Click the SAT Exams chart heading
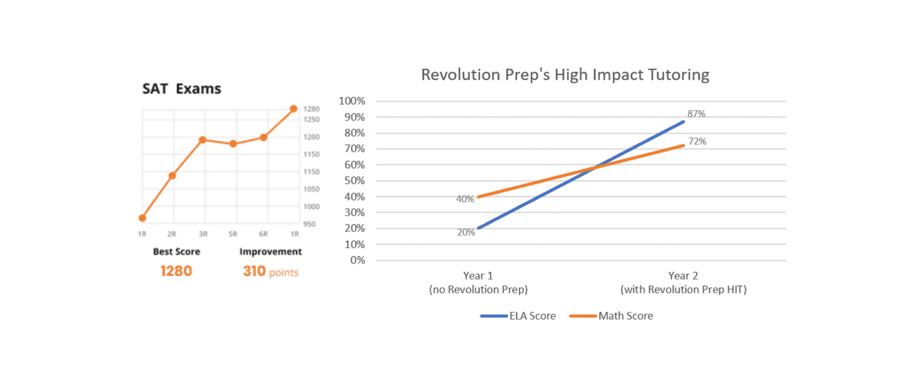click(x=181, y=89)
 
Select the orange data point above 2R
click(x=172, y=176)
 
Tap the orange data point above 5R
click(x=233, y=144)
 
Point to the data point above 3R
click(x=202, y=140)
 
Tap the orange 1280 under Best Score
click(x=176, y=272)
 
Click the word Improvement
click(x=270, y=252)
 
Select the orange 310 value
click(x=254, y=272)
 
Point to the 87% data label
click(x=696, y=114)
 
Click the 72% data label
click(x=697, y=142)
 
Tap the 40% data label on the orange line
click(x=465, y=199)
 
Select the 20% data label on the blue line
click(x=466, y=232)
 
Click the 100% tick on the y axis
click(x=352, y=101)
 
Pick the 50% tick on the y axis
click(x=354, y=181)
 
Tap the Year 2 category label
click(x=683, y=276)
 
